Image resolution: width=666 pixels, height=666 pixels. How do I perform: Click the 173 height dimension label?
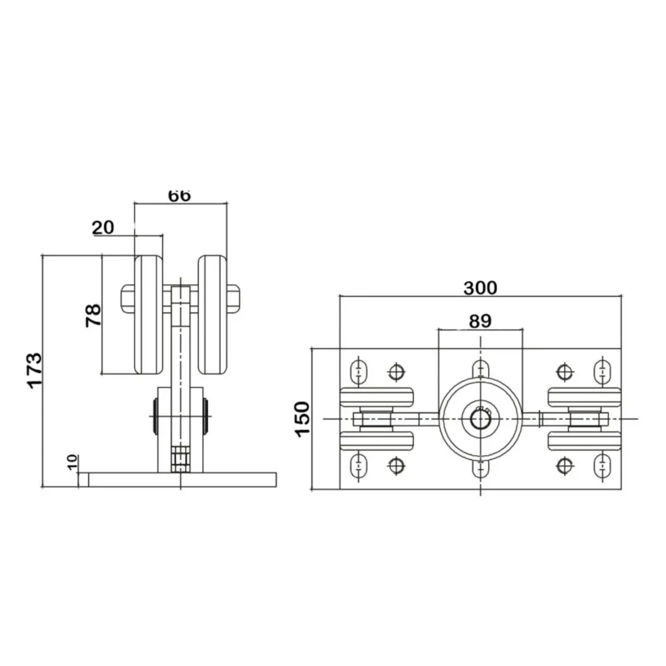coord(35,370)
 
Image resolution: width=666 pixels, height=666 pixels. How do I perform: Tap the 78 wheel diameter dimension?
coord(94,315)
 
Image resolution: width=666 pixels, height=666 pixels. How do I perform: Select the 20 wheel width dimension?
coord(103,228)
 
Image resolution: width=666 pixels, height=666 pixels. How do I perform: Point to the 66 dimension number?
coord(180,196)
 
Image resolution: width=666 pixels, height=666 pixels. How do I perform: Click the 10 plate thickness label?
coord(73,462)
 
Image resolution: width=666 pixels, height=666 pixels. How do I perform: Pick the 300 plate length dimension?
coord(481,288)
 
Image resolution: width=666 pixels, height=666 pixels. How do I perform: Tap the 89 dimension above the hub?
coord(481,321)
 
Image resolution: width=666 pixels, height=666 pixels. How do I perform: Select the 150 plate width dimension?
coord(302,419)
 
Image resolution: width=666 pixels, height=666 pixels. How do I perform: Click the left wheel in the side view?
coord(149,315)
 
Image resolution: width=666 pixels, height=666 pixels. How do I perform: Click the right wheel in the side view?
coord(213,315)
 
